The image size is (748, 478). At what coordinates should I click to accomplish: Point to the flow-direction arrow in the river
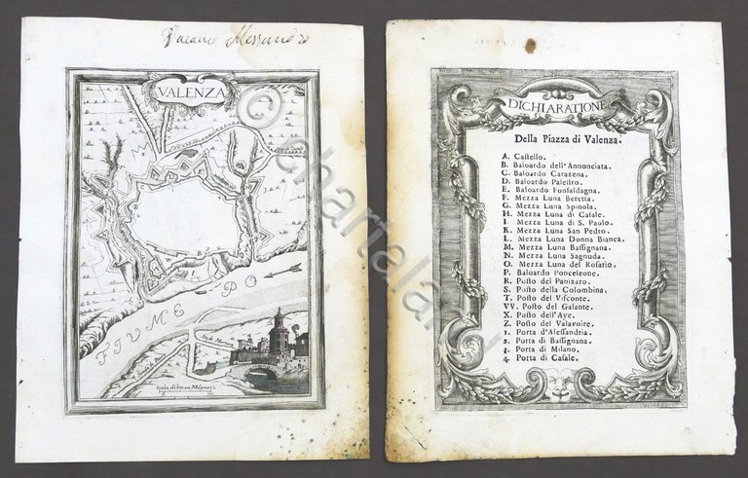point(285,267)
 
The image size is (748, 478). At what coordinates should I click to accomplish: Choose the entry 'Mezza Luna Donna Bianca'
point(563,238)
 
